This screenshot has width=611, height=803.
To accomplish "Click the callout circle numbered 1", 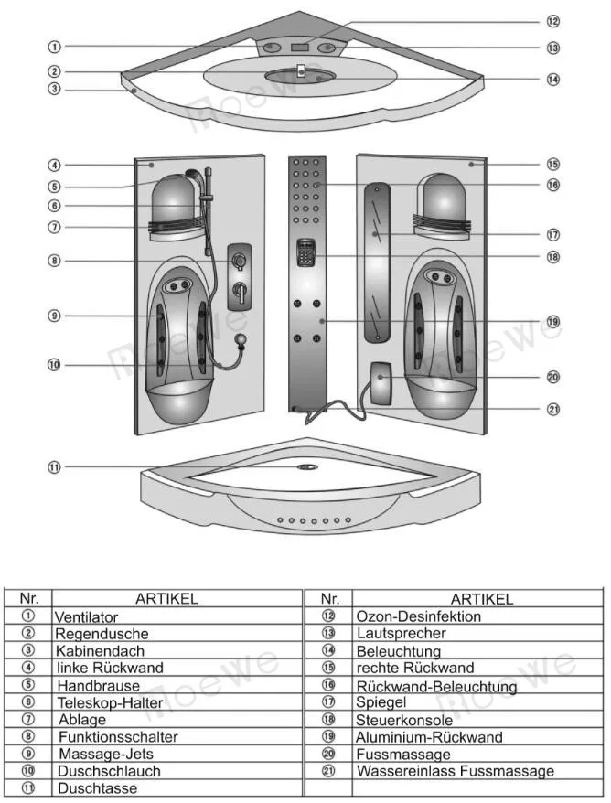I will pos(55,46).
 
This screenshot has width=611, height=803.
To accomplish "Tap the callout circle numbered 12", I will pos(552,20).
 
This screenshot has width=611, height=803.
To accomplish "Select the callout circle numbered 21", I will pos(552,409).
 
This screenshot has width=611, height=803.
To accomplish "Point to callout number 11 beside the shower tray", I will pos(55,467).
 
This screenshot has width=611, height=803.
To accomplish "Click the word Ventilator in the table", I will pos(87,617).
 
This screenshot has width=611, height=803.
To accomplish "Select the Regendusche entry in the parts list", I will pos(102,634).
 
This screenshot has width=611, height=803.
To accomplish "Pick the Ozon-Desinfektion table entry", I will pos(418,616).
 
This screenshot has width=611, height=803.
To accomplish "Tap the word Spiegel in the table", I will pos(381,702).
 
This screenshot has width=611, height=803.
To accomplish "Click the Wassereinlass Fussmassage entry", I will pos(455,771).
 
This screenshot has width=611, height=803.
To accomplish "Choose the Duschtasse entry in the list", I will pos(96,787).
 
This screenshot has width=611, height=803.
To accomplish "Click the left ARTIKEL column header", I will pos(166,599).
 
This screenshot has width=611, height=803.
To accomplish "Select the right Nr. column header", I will pos(330,599).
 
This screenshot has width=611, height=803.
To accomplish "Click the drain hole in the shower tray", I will pos(305,467).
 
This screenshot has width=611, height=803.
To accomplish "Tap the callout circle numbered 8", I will pos(55,261).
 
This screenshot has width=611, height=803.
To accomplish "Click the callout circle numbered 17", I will pos(552,233).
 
